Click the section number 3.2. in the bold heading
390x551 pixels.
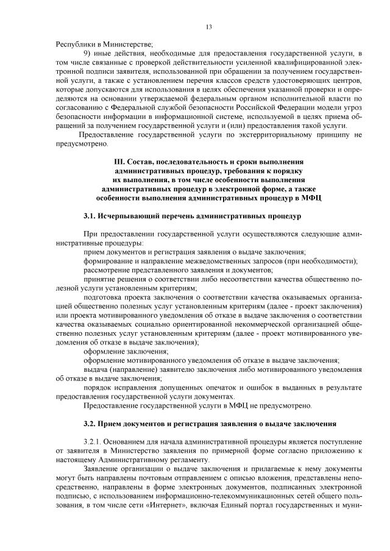click(x=92, y=423)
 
